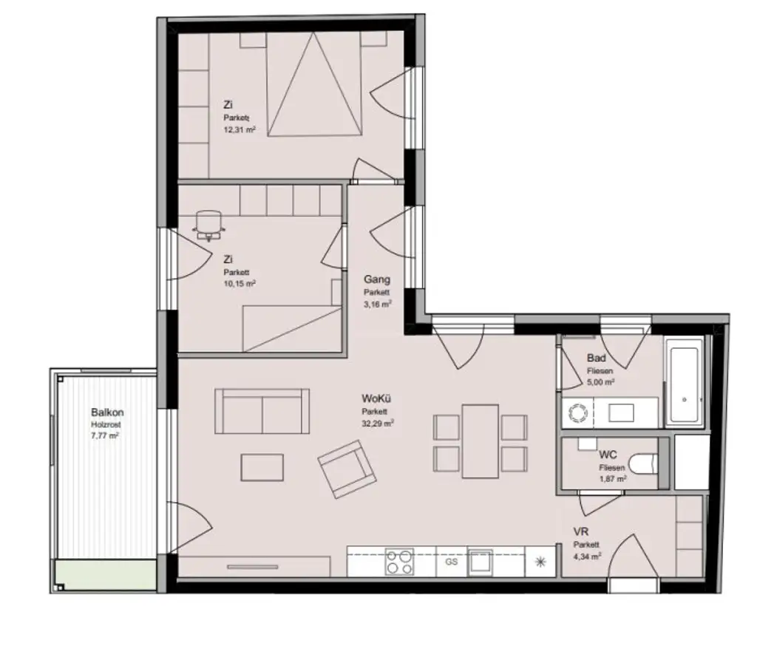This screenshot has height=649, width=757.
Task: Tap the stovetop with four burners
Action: click(x=399, y=563)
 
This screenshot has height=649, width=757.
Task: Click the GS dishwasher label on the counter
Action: click(x=451, y=563)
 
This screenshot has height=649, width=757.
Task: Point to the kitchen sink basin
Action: click(x=482, y=563)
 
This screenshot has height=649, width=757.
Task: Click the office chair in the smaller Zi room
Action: click(x=208, y=224)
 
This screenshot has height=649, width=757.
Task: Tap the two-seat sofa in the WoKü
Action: click(x=262, y=411)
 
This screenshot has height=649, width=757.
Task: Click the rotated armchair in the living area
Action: click(x=344, y=468)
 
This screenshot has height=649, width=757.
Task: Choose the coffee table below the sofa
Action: click(x=262, y=467)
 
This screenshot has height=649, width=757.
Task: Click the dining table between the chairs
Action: click(x=480, y=441)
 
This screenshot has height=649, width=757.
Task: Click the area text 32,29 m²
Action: click(x=377, y=423)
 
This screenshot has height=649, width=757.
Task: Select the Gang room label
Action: click(x=376, y=280)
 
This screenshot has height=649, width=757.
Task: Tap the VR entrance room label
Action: click(x=580, y=532)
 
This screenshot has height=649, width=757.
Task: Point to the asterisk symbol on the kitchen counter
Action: click(x=540, y=563)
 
